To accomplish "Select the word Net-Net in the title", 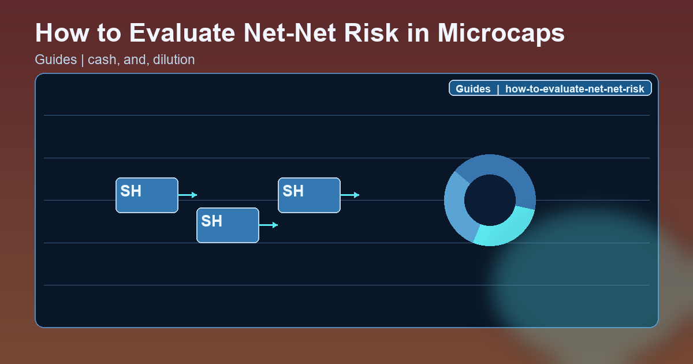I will (292, 33).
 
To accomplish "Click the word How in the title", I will (60, 33).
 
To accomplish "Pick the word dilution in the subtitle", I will (174, 60).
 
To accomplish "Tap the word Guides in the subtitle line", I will (55, 60).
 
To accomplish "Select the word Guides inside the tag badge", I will (473, 89).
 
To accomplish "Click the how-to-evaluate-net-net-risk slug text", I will (575, 89).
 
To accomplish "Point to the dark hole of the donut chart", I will (490, 200).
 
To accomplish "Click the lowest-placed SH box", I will (228, 225).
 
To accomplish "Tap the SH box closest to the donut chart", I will (309, 195).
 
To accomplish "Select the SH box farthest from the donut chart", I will (147, 195).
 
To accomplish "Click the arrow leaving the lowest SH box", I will (269, 225).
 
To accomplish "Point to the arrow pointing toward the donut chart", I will (350, 195).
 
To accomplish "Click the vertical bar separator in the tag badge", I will (498, 89).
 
